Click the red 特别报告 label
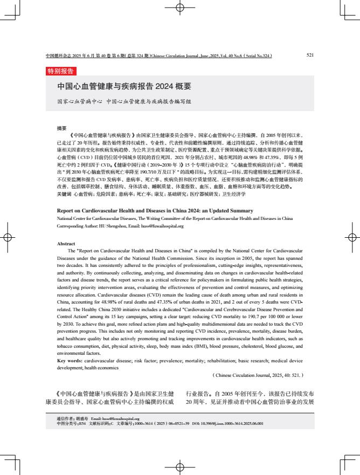(61, 71)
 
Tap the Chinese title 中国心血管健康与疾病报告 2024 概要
(124, 86)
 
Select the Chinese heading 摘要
(62, 128)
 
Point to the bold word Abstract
(66, 244)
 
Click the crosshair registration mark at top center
(180, 8)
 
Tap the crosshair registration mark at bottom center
(180, 467)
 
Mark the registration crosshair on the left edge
(7, 237)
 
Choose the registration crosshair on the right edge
(352, 237)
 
